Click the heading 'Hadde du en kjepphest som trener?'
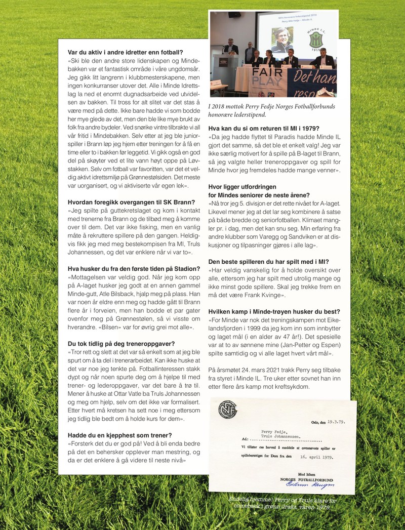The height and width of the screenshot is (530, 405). click(x=119, y=434)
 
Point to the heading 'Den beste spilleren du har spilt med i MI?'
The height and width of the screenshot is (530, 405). click(x=269, y=262)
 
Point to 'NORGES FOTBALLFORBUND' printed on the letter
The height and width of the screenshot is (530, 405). click(x=306, y=479)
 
